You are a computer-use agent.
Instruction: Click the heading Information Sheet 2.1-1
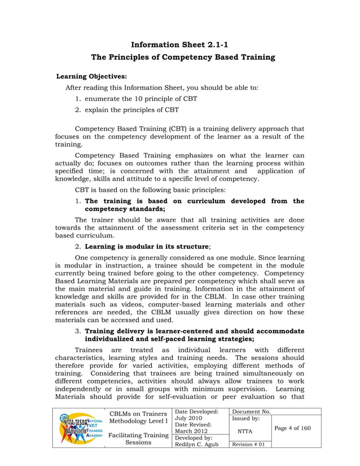click(x=179, y=44)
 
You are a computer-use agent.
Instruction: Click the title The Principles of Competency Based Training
click(x=179, y=58)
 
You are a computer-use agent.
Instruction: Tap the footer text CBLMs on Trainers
click(x=139, y=414)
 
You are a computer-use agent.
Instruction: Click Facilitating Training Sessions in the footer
click(x=139, y=438)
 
